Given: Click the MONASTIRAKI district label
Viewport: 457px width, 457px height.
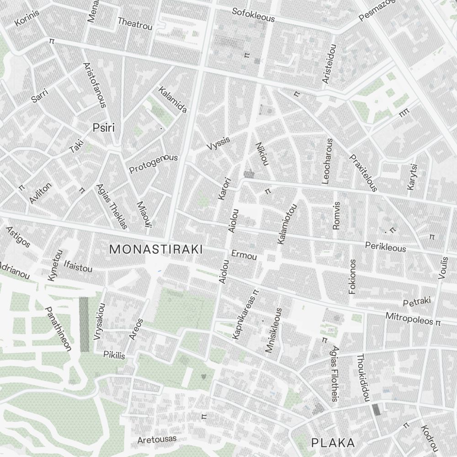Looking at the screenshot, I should click(156, 249).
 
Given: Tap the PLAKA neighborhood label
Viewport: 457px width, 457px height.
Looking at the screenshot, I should click(333, 442).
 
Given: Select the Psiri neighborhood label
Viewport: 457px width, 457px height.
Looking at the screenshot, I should click(103, 128).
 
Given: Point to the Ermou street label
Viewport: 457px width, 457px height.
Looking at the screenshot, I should click(244, 255).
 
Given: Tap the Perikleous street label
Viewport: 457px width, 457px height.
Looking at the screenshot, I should click(385, 247).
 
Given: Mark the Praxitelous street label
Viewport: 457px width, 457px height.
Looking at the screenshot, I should click(363, 173).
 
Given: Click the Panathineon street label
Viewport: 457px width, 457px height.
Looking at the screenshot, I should click(58, 329).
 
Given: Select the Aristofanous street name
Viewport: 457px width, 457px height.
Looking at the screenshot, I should click(95, 85).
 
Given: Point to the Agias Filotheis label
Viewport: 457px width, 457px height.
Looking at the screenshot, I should click(335, 374).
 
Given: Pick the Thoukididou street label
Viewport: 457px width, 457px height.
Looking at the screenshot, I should click(363, 378).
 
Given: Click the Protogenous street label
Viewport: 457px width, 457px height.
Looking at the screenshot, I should click(153, 164).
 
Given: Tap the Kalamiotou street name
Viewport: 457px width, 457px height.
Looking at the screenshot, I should click(287, 223).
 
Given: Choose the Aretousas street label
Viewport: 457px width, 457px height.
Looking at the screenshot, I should click(157, 439).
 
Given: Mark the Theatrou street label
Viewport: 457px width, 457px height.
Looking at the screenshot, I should click(135, 24).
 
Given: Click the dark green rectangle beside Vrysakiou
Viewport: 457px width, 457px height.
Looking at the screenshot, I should click(84, 324).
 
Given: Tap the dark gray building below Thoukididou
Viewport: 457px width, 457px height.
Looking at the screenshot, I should click(376, 409).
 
